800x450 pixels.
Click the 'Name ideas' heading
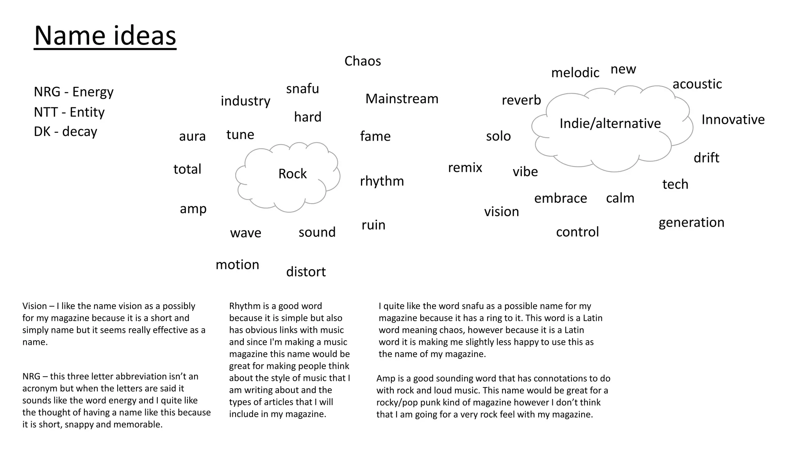coord(105,36)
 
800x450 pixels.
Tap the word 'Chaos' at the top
coord(362,61)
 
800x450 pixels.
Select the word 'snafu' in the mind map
coord(302,89)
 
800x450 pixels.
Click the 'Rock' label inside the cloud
coord(292,174)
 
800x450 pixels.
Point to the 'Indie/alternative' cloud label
coord(610,123)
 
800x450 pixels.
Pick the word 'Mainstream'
coord(402,99)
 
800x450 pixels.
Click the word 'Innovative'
coord(733,120)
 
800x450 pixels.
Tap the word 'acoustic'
coord(697,84)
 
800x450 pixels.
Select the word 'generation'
coord(691,223)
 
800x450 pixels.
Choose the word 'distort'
coord(306,272)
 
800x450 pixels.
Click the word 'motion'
coord(237,265)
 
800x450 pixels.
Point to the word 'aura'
coord(192,136)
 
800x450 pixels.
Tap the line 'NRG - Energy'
coord(73,92)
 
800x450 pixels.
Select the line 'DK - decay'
coord(65,132)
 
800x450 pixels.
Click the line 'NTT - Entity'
coord(69,112)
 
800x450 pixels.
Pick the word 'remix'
coord(465,168)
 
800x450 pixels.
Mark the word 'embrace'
coord(561,198)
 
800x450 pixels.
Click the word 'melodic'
coord(575,73)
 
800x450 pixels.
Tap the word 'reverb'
coord(521,100)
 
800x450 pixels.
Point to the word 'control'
coord(577,232)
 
